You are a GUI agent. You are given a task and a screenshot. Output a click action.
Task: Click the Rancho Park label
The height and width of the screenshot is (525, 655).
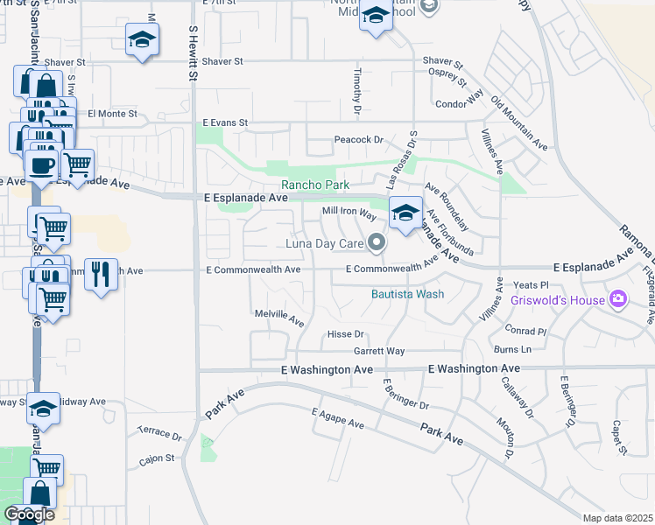click(314, 185)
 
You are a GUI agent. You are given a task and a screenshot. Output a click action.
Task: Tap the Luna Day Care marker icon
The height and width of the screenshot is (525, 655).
click(377, 241)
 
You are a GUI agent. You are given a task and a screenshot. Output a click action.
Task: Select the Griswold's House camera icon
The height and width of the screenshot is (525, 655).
click(618, 300)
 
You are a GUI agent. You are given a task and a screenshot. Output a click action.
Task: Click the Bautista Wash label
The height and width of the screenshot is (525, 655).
click(407, 294)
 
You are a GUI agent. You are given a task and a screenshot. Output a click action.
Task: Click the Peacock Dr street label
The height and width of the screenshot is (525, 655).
click(360, 139)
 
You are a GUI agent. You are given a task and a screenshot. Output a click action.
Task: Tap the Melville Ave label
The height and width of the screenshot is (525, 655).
click(278, 312)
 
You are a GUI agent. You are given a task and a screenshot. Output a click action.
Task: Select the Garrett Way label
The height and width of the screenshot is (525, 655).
click(378, 351)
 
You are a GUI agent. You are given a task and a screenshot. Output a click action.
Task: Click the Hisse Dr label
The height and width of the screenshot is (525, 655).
click(344, 334)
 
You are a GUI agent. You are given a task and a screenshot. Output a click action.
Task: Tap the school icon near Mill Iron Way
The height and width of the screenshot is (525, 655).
click(405, 213)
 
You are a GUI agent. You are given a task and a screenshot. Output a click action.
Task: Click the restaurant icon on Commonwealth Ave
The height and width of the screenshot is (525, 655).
click(102, 272)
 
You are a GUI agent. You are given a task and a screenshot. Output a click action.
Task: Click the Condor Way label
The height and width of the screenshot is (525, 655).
click(460, 104)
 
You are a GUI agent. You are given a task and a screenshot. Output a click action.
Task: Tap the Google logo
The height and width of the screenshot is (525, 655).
click(29, 514)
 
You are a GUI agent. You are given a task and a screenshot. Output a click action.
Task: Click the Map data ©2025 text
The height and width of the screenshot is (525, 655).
click(617, 518)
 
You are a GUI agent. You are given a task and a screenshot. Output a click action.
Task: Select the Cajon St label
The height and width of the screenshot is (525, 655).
click(158, 458)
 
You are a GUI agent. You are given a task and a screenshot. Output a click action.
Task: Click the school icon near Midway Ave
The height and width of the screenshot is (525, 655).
click(43, 408)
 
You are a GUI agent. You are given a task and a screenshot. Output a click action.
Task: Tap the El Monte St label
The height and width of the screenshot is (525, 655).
click(113, 113)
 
